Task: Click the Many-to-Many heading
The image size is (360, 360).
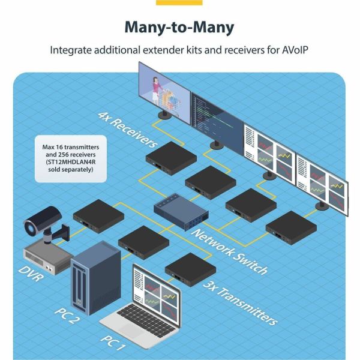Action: (x=179, y=28)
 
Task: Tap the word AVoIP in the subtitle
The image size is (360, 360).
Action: (x=293, y=51)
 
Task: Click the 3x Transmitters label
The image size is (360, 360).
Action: (x=239, y=303)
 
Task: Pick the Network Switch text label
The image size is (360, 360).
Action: (x=229, y=250)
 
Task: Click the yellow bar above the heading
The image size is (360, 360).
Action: (x=179, y=2)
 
